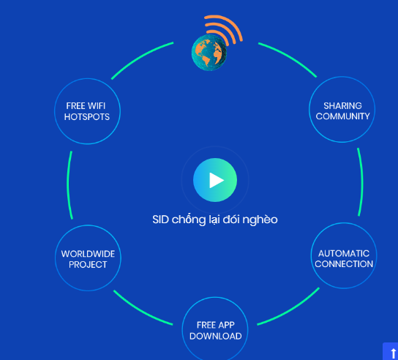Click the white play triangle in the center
coord(216,180)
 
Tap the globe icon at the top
coord(209,52)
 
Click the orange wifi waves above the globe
coord(224,29)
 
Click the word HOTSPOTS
coord(87,117)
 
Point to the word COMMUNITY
coord(342,116)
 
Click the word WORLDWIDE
coord(88,254)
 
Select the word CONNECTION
coord(344,264)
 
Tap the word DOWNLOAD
coord(216,336)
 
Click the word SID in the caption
coord(160,220)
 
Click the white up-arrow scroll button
coord(393,353)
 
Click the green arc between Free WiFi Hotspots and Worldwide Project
coord(68,185)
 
